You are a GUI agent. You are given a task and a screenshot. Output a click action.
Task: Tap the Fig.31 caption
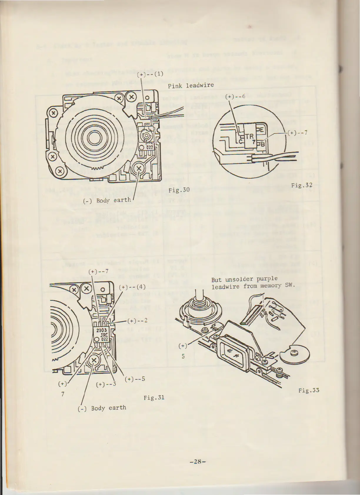(154, 398)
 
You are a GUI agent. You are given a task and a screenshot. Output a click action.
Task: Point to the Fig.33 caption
(309, 390)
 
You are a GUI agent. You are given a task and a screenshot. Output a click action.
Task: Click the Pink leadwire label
(191, 86)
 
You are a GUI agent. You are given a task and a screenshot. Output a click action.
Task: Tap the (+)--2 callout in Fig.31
(137, 320)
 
